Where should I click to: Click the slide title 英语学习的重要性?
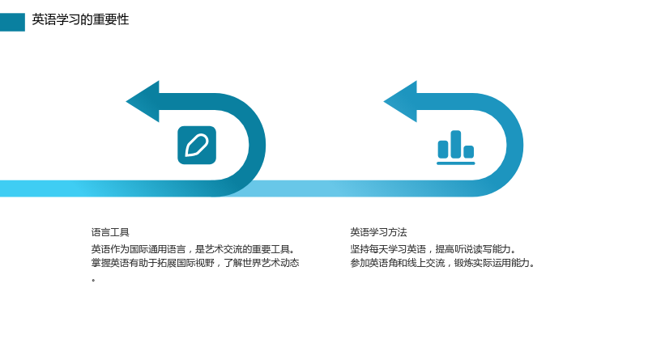80,19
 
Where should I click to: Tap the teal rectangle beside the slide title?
12,22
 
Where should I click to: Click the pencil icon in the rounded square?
197,146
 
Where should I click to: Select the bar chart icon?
456,147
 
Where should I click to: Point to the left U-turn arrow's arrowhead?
143,102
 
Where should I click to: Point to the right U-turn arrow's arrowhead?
401,102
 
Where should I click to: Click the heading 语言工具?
110,232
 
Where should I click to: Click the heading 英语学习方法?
378,232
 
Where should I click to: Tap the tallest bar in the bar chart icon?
456,144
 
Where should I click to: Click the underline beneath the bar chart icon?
456,163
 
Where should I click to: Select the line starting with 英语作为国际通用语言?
194,249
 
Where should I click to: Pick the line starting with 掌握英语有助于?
195,263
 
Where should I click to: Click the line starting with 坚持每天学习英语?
433,249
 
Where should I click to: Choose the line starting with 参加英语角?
442,263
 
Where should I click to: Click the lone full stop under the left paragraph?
93,281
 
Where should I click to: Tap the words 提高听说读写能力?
473,249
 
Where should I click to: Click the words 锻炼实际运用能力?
492,263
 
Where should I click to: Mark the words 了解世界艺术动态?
262,263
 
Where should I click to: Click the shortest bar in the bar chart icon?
469,151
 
